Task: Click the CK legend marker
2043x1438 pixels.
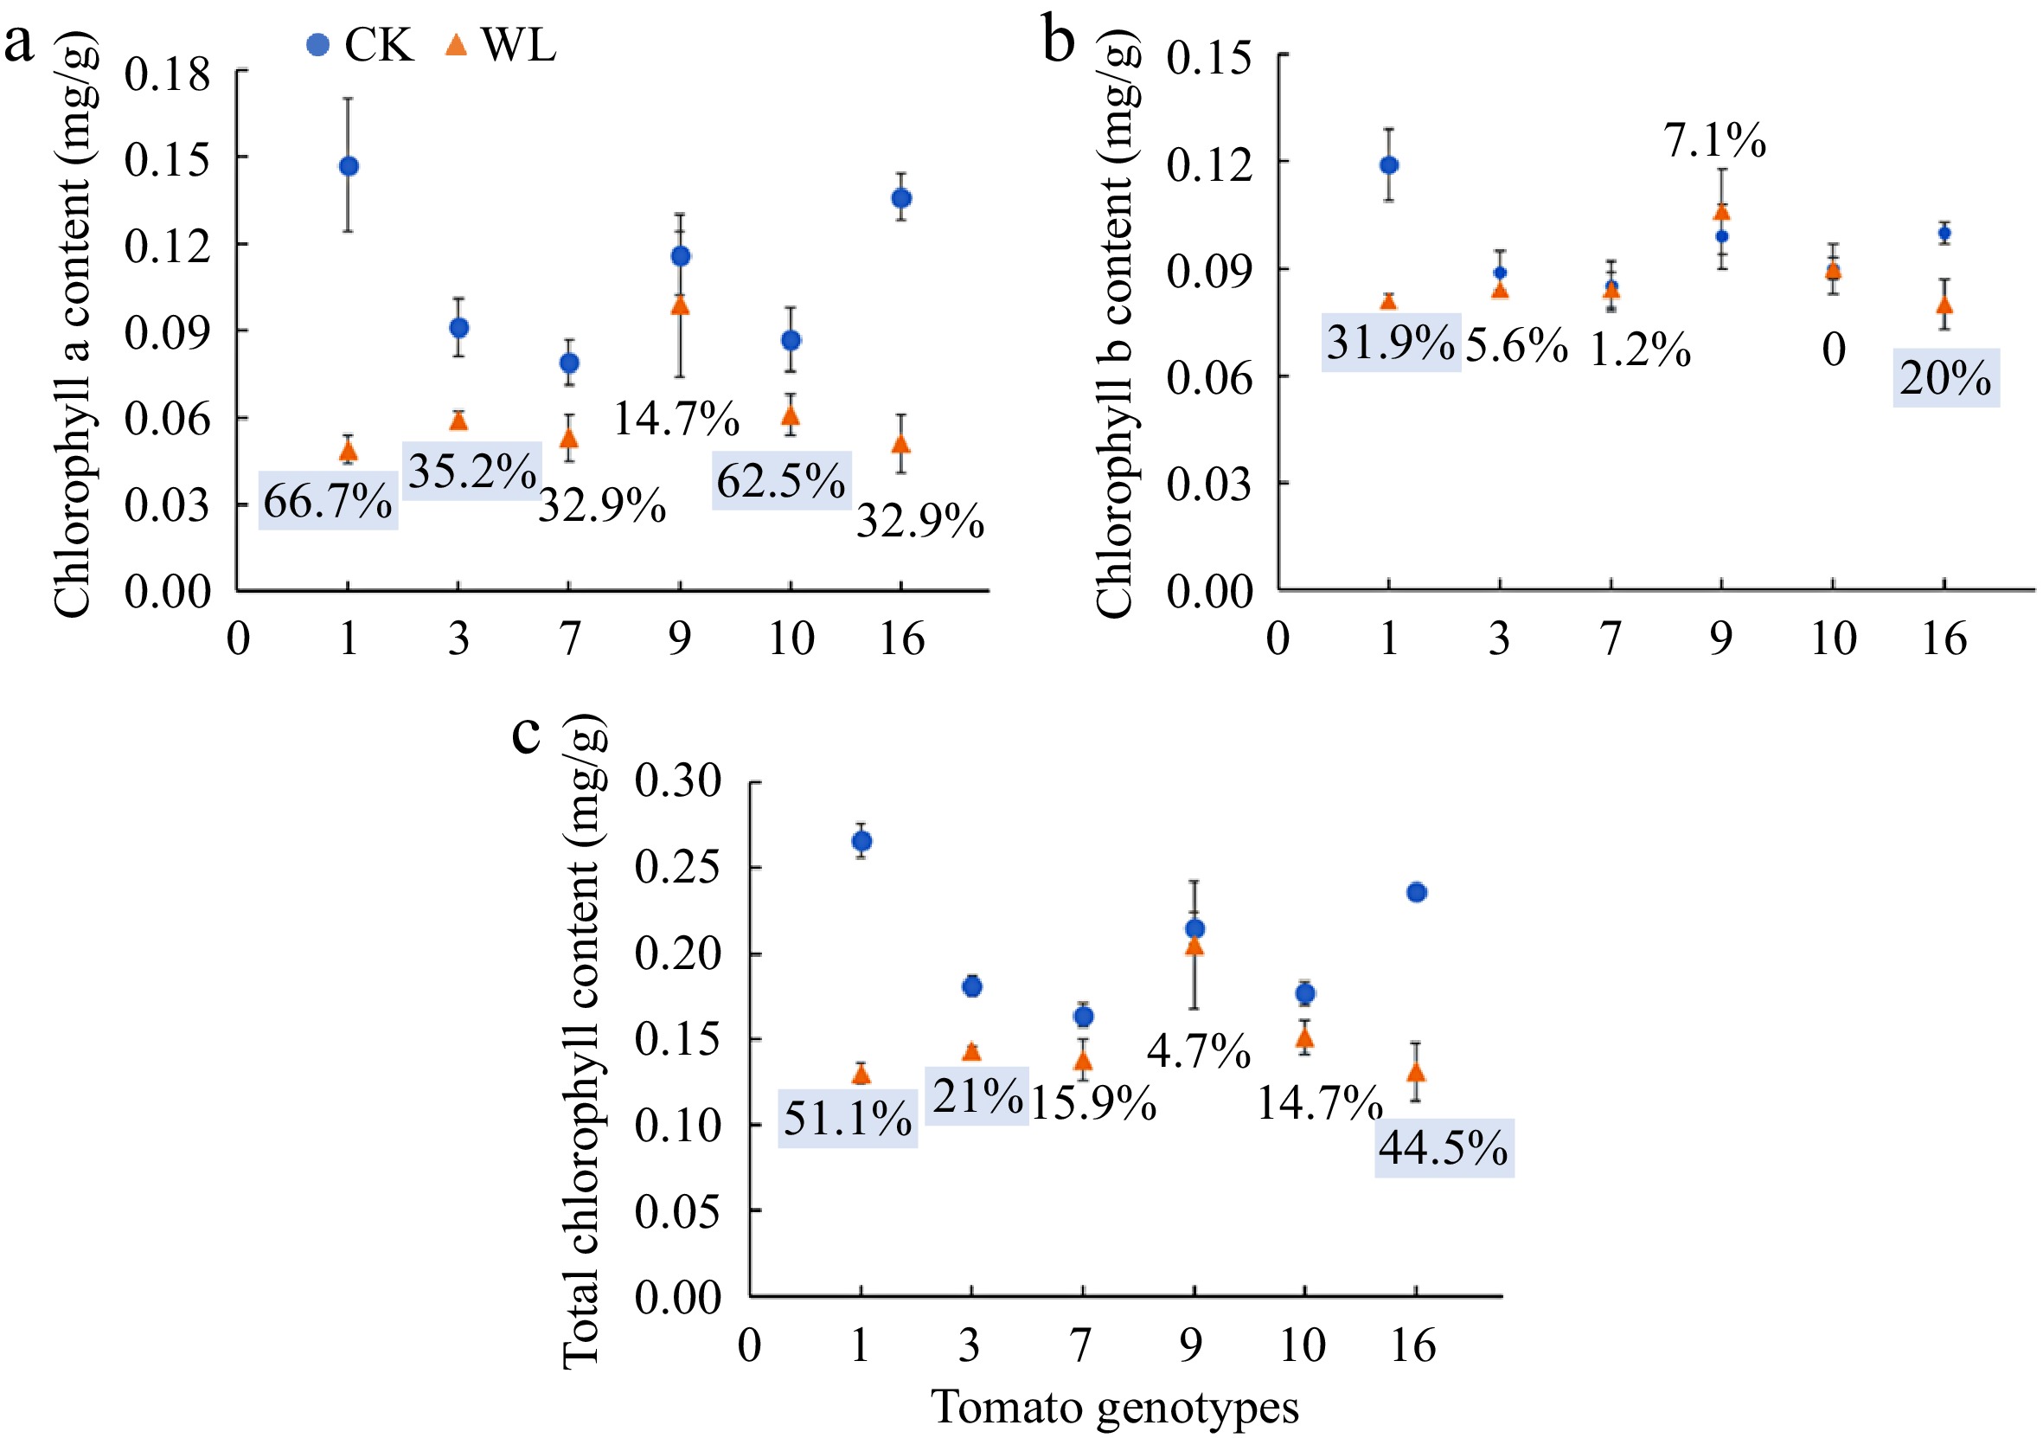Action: pyautogui.click(x=317, y=44)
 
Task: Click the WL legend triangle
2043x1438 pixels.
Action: pyautogui.click(x=456, y=44)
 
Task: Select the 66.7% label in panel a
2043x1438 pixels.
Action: pyautogui.click(x=328, y=501)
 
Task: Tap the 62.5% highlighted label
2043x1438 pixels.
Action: pyautogui.click(x=781, y=481)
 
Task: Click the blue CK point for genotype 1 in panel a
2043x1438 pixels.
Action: pyautogui.click(x=349, y=166)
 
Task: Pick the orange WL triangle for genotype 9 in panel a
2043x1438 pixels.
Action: pyautogui.click(x=680, y=306)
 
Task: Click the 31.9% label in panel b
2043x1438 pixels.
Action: pyautogui.click(x=1391, y=343)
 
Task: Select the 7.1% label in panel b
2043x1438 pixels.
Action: pyautogui.click(x=1714, y=140)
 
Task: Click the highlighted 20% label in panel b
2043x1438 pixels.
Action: pyautogui.click(x=1945, y=378)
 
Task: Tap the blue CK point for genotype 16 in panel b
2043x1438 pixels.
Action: pyautogui.click(x=1944, y=233)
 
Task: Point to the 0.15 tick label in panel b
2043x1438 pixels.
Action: pyautogui.click(x=1209, y=59)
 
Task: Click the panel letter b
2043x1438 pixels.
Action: pyautogui.click(x=1058, y=41)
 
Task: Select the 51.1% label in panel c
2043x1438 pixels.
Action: pyautogui.click(x=847, y=1119)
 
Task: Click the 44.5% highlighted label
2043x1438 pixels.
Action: pyautogui.click(x=1444, y=1148)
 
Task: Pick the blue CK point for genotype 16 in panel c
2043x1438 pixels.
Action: pyautogui.click(x=1417, y=893)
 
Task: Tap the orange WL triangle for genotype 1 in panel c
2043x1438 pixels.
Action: pyautogui.click(x=861, y=1075)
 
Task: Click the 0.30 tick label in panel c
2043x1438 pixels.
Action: pyautogui.click(x=678, y=781)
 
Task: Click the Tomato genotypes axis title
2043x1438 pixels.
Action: pyautogui.click(x=1115, y=1408)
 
